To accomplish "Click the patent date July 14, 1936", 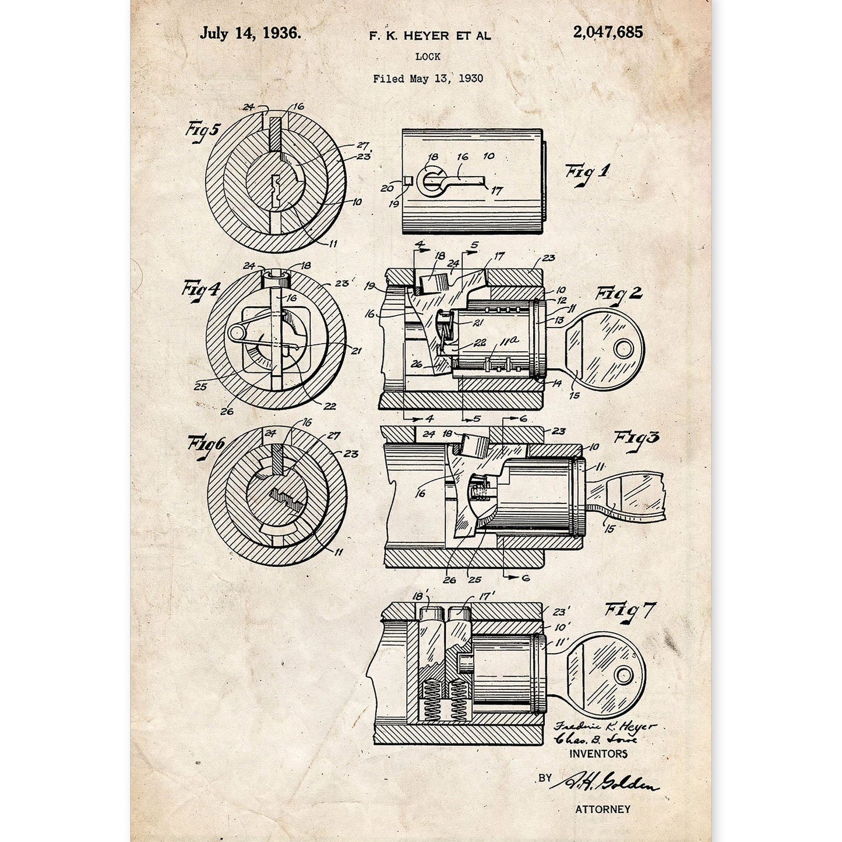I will pyautogui.click(x=251, y=33).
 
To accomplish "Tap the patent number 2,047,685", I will pyautogui.click(x=608, y=32).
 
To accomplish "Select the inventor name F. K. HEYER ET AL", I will pyautogui.click(x=429, y=36).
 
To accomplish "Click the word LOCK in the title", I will pyautogui.click(x=428, y=57).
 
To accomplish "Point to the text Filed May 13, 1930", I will pyautogui.click(x=428, y=78).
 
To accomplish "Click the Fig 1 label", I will pyautogui.click(x=586, y=173).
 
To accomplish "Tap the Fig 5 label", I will pyautogui.click(x=202, y=130).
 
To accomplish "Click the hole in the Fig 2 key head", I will pyautogui.click(x=623, y=348).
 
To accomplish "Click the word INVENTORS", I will pyautogui.click(x=598, y=753).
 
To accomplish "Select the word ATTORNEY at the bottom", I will pyautogui.click(x=603, y=809).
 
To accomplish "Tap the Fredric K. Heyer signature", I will pyautogui.click(x=605, y=727).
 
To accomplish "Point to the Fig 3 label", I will pyautogui.click(x=636, y=437).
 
